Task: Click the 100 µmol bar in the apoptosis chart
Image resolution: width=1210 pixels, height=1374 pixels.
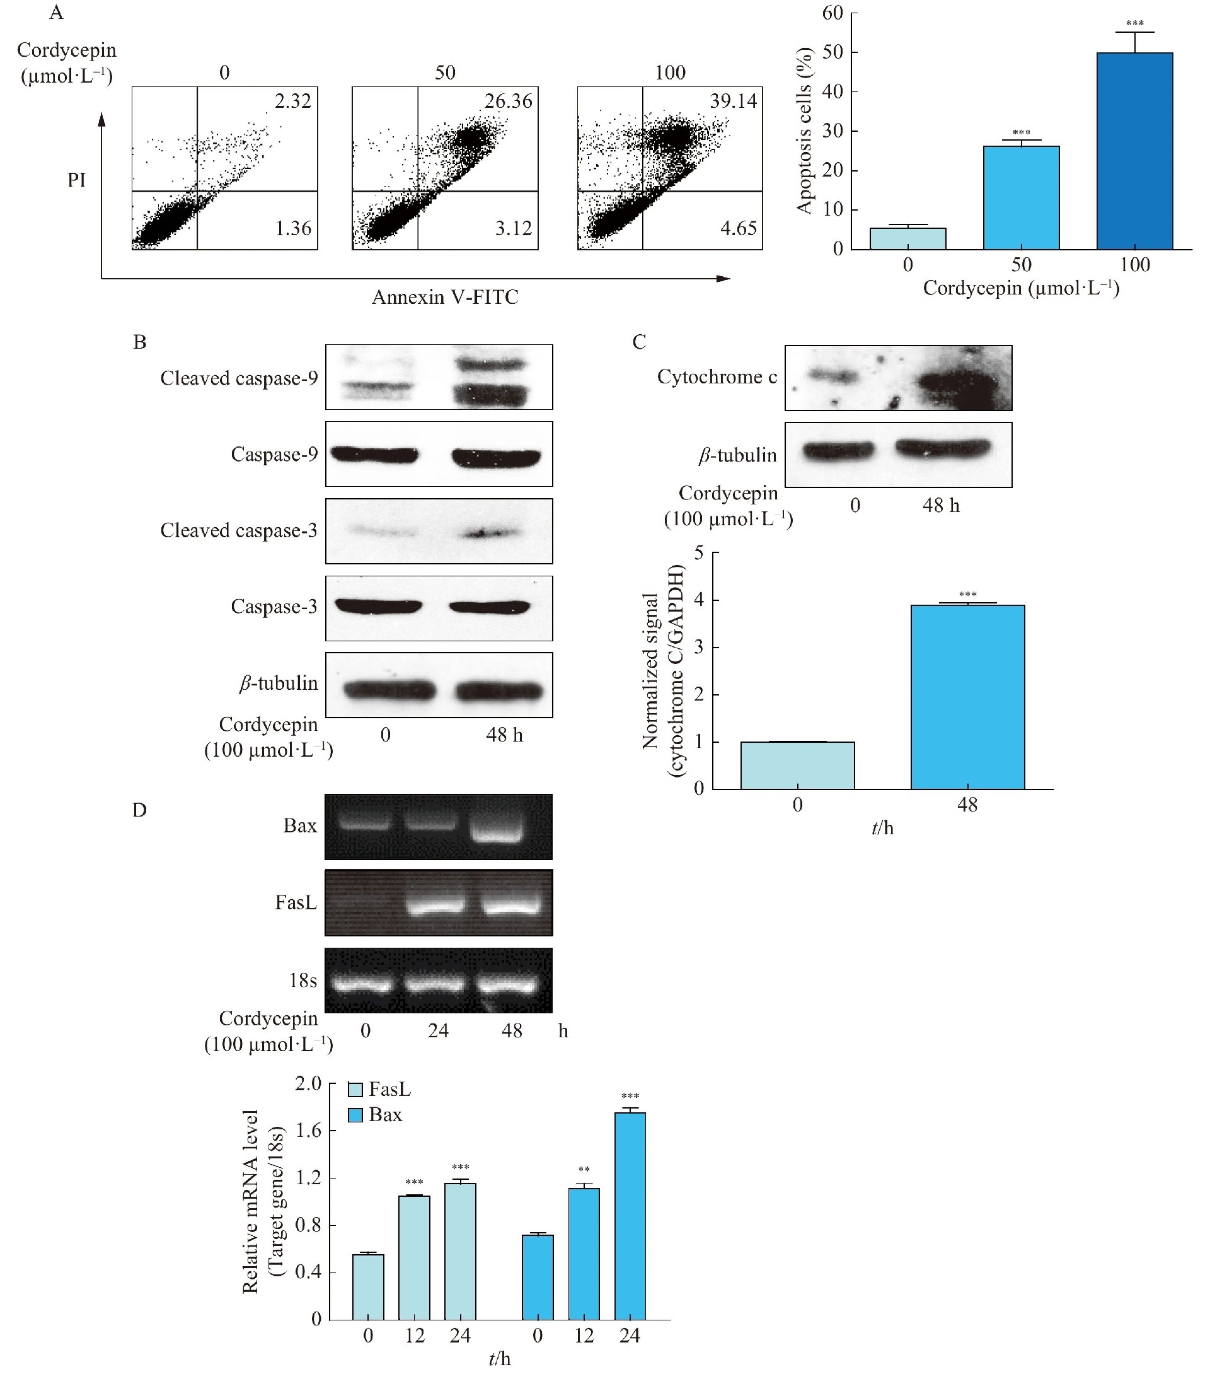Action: coord(1134,151)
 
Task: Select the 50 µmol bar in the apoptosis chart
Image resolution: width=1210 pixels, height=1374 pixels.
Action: coord(1020,197)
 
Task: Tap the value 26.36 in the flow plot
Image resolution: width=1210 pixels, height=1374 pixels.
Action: coord(508,102)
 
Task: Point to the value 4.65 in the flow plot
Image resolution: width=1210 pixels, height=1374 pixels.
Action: coord(739,228)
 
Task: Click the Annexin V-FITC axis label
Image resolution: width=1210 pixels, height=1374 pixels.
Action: coord(445,297)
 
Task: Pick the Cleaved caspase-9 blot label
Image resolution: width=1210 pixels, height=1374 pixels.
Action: coord(238,378)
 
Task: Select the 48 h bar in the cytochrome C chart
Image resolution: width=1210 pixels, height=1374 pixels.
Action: coord(967,696)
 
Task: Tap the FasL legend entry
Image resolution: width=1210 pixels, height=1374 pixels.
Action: coord(379,1089)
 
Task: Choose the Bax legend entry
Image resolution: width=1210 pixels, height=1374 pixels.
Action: coord(376,1115)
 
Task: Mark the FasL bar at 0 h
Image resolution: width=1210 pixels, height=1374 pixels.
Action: coord(368,1286)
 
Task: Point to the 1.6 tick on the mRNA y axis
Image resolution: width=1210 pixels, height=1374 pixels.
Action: coord(308,1131)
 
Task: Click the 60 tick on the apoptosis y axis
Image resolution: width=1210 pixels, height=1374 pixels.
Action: coord(832,13)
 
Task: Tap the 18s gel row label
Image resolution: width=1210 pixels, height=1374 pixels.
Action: coord(303,981)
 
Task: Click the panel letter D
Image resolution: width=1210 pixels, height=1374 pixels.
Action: coord(139,810)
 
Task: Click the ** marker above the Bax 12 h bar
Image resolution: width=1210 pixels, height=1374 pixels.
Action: coord(584,1170)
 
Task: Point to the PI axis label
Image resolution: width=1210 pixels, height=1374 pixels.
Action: coord(77,180)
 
